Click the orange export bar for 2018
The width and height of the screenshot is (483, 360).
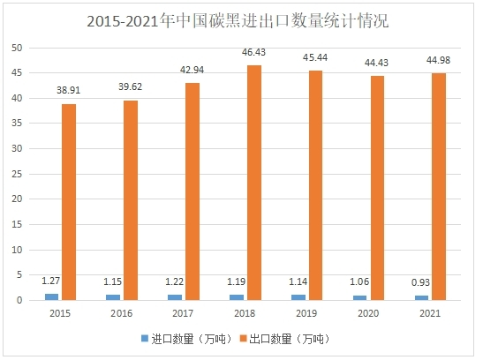point(253,183)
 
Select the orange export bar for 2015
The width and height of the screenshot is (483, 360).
point(68,202)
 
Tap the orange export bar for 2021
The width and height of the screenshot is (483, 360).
point(440,186)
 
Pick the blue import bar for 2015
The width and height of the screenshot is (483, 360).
point(51,296)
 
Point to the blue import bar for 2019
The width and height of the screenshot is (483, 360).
point(298,297)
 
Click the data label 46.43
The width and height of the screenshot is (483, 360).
point(253,55)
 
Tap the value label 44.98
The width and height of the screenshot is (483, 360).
point(440,62)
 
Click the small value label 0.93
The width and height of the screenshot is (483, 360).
point(422,284)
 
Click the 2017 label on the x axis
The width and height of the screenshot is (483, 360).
point(184,312)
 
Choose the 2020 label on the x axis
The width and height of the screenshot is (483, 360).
point(369,312)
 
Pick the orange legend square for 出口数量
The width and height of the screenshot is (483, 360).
point(244,338)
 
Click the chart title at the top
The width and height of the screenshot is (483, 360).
point(241,20)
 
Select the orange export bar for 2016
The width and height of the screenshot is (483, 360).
point(130,200)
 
